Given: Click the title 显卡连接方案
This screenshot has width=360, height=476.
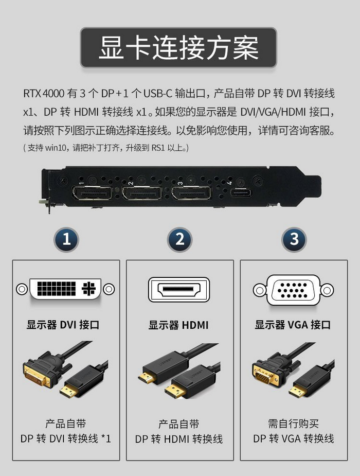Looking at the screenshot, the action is coord(178,47).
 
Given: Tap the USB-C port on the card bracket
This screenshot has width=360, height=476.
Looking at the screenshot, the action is coord(241,192).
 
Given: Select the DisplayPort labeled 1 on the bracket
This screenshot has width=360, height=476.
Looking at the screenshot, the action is coord(92,193).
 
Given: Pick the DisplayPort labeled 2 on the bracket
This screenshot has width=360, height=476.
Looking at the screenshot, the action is coord(142,193).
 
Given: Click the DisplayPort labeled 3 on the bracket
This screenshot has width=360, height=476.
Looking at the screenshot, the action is coord(191,193).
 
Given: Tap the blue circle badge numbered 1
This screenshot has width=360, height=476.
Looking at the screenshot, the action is coord(66,239).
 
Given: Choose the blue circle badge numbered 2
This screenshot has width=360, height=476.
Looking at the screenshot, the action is coord(180,239).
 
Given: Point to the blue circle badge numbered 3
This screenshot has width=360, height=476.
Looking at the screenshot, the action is coord(294,239).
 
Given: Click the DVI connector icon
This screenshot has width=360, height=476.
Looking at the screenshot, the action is coord(65,289).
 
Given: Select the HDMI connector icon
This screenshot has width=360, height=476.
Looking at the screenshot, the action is coord(179,289).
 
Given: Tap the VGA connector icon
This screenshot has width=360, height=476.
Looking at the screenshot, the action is coord(293,290).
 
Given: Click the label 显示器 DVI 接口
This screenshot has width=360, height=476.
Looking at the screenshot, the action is coord(63,325).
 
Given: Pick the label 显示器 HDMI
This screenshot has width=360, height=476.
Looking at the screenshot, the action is coord(178,325).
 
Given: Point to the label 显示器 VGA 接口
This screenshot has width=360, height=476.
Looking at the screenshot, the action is coord(293,325).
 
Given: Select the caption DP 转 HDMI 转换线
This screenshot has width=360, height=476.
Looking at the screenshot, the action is coord(179,439).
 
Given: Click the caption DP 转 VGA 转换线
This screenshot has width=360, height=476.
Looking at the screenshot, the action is coord(294,438).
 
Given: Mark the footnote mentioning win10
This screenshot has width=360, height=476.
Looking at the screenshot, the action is coord(106,148).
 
